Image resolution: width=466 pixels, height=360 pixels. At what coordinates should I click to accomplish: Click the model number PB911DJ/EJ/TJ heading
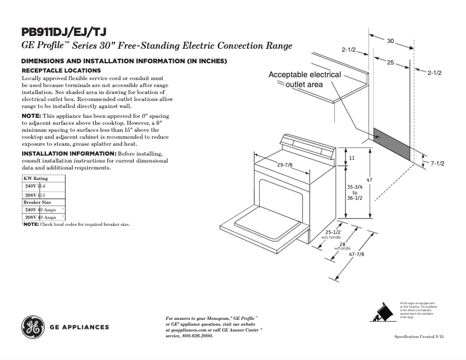pyautogui.click(x=64, y=32)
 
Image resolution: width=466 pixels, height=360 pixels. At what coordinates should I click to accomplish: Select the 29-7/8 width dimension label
pyautogui.click(x=285, y=165)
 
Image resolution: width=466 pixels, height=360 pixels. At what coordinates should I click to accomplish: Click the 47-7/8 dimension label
pyautogui.click(x=356, y=254)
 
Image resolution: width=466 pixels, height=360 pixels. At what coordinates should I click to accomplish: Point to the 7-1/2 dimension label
pyautogui.click(x=437, y=164)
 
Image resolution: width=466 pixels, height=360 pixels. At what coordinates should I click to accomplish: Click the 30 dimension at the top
pyautogui.click(x=390, y=41)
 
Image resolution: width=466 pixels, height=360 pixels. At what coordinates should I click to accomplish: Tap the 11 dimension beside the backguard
pyautogui.click(x=352, y=158)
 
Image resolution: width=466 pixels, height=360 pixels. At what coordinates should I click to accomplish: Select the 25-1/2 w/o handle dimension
pyautogui.click(x=332, y=233)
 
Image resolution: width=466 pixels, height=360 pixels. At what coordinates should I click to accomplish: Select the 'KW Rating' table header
pyautogui.click(x=36, y=178)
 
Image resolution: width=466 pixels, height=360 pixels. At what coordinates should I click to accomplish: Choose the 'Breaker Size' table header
pyautogui.click(x=37, y=202)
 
